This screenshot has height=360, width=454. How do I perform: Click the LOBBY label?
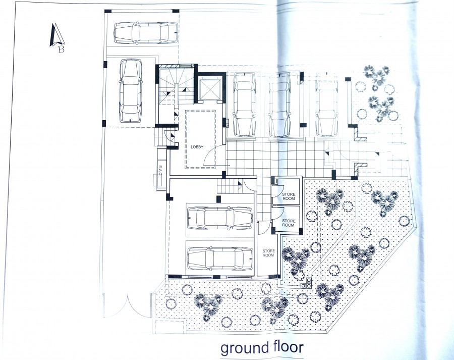197,147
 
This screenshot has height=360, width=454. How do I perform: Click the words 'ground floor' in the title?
262,347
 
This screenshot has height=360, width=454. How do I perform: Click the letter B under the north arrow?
61,49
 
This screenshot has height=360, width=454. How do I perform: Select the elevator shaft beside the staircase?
209,88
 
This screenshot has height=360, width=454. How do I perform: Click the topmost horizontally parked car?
146,33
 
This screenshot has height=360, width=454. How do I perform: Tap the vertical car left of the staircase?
131,90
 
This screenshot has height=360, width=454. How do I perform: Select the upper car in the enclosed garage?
220,218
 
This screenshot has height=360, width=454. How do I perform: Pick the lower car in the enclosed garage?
220,259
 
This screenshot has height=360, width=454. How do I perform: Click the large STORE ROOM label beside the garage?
269,253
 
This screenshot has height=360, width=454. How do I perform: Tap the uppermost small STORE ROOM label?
289,196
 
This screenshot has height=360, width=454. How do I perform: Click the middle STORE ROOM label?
289,223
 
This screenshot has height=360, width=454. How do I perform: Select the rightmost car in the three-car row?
326,105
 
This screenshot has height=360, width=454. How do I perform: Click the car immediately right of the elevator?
244,105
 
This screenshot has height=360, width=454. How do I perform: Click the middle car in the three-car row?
279,105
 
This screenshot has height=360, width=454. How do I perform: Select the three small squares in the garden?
307,283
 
